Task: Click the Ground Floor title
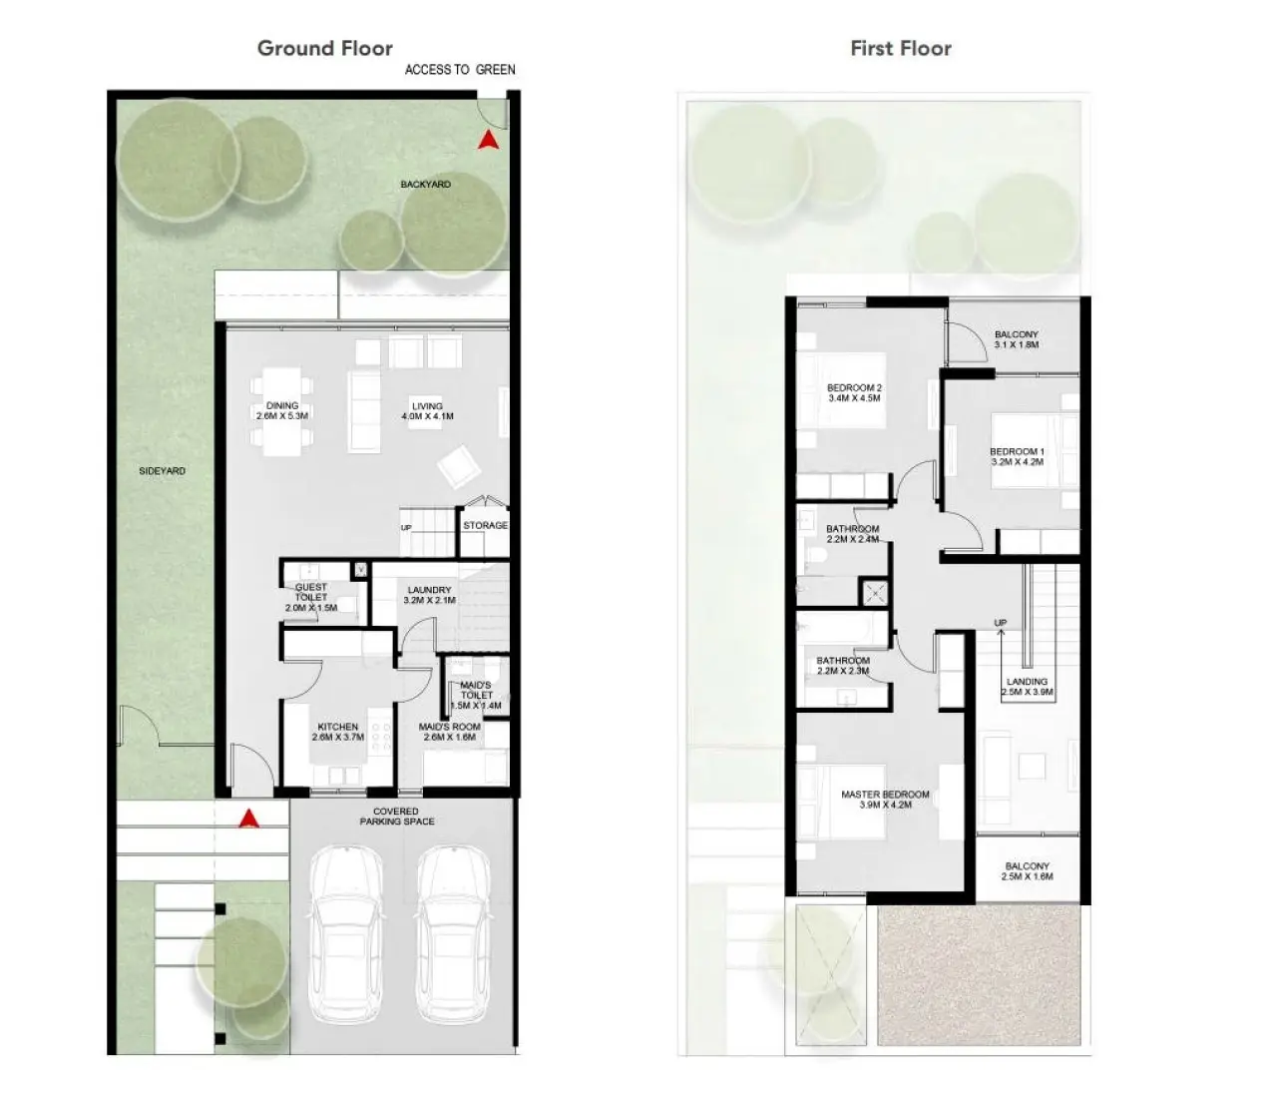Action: [324, 48]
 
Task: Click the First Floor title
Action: [900, 48]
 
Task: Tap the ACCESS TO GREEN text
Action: [460, 70]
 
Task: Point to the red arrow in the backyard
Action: [488, 141]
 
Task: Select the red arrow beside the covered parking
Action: [249, 819]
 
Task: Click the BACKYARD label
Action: [425, 185]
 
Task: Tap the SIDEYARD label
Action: [162, 471]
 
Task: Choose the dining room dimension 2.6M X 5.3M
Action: [282, 416]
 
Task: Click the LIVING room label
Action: [427, 406]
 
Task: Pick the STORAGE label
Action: [485, 525]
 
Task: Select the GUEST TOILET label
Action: [311, 592]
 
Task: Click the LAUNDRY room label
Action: [429, 590]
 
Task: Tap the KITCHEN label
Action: [337, 727]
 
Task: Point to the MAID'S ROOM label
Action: [449, 727]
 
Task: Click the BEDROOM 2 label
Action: [854, 388]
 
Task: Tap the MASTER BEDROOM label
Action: [885, 795]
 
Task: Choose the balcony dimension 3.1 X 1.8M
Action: [1017, 345]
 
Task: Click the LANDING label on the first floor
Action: [1027, 682]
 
